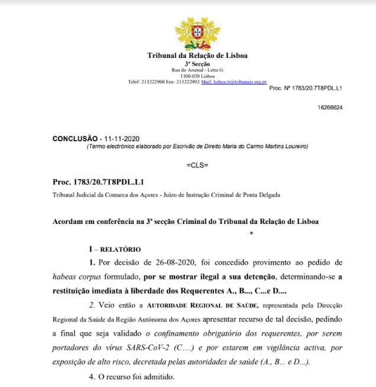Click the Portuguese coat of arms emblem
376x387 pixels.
tap(197, 32)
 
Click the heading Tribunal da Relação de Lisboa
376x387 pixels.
tap(197, 56)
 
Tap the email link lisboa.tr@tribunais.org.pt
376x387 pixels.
tap(234, 82)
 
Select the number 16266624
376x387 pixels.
tap(330, 108)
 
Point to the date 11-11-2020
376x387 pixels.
tap(121, 138)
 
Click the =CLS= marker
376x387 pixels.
tap(197, 164)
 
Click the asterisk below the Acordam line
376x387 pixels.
tap(252, 234)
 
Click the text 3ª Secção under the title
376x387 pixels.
tap(197, 64)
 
